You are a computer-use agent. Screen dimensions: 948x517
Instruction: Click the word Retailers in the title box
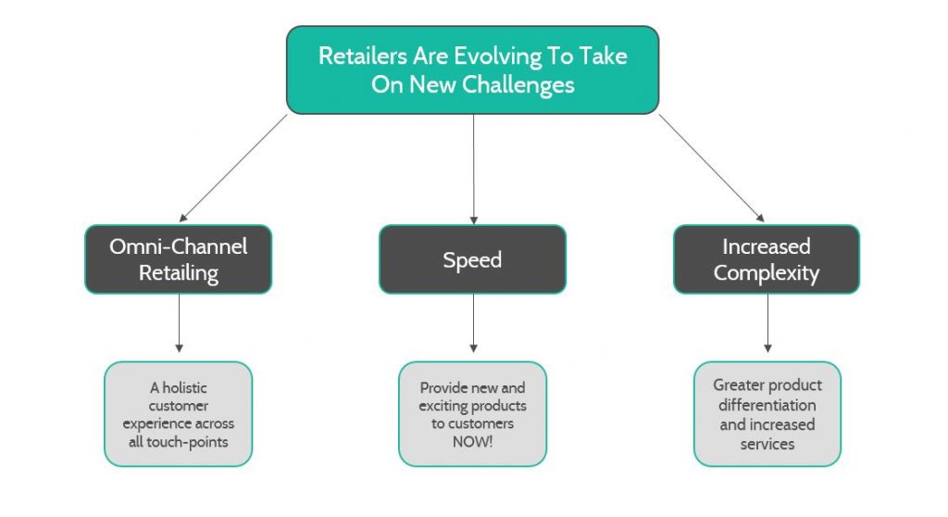(363, 56)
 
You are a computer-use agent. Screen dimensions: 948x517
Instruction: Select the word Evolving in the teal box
(497, 57)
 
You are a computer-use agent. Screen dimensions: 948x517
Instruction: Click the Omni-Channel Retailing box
(179, 259)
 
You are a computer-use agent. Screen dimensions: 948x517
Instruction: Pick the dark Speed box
(473, 259)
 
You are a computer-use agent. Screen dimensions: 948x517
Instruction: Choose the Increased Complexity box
(767, 259)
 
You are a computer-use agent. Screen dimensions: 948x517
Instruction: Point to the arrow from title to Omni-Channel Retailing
(233, 168)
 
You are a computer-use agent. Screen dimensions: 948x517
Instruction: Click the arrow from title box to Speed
(473, 169)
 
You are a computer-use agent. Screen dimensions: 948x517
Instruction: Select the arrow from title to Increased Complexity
(712, 168)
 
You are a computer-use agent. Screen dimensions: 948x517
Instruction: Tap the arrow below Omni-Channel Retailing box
(179, 323)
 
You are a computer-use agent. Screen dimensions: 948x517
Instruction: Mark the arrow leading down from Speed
(473, 323)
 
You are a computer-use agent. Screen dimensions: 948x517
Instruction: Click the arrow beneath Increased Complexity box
(767, 323)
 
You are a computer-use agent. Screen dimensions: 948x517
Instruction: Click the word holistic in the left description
(185, 388)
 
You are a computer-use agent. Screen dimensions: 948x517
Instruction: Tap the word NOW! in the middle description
(473, 442)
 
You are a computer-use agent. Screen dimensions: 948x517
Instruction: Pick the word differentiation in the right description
(767, 405)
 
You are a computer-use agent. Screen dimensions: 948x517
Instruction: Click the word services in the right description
(767, 445)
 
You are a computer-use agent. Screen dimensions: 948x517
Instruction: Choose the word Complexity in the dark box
(767, 273)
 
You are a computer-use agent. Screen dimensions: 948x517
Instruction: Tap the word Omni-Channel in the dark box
(179, 246)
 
